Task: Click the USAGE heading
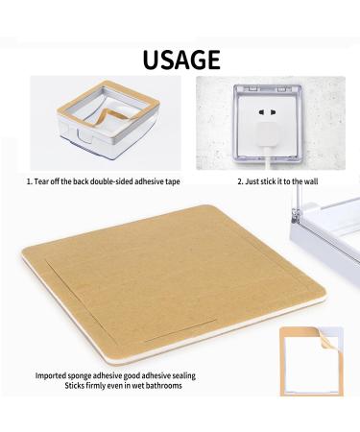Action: click(x=180, y=60)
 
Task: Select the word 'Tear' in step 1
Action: click(x=46, y=180)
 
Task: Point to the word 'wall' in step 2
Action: click(x=308, y=180)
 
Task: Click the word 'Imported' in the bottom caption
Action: click(x=53, y=375)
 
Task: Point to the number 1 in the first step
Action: click(x=29, y=180)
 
